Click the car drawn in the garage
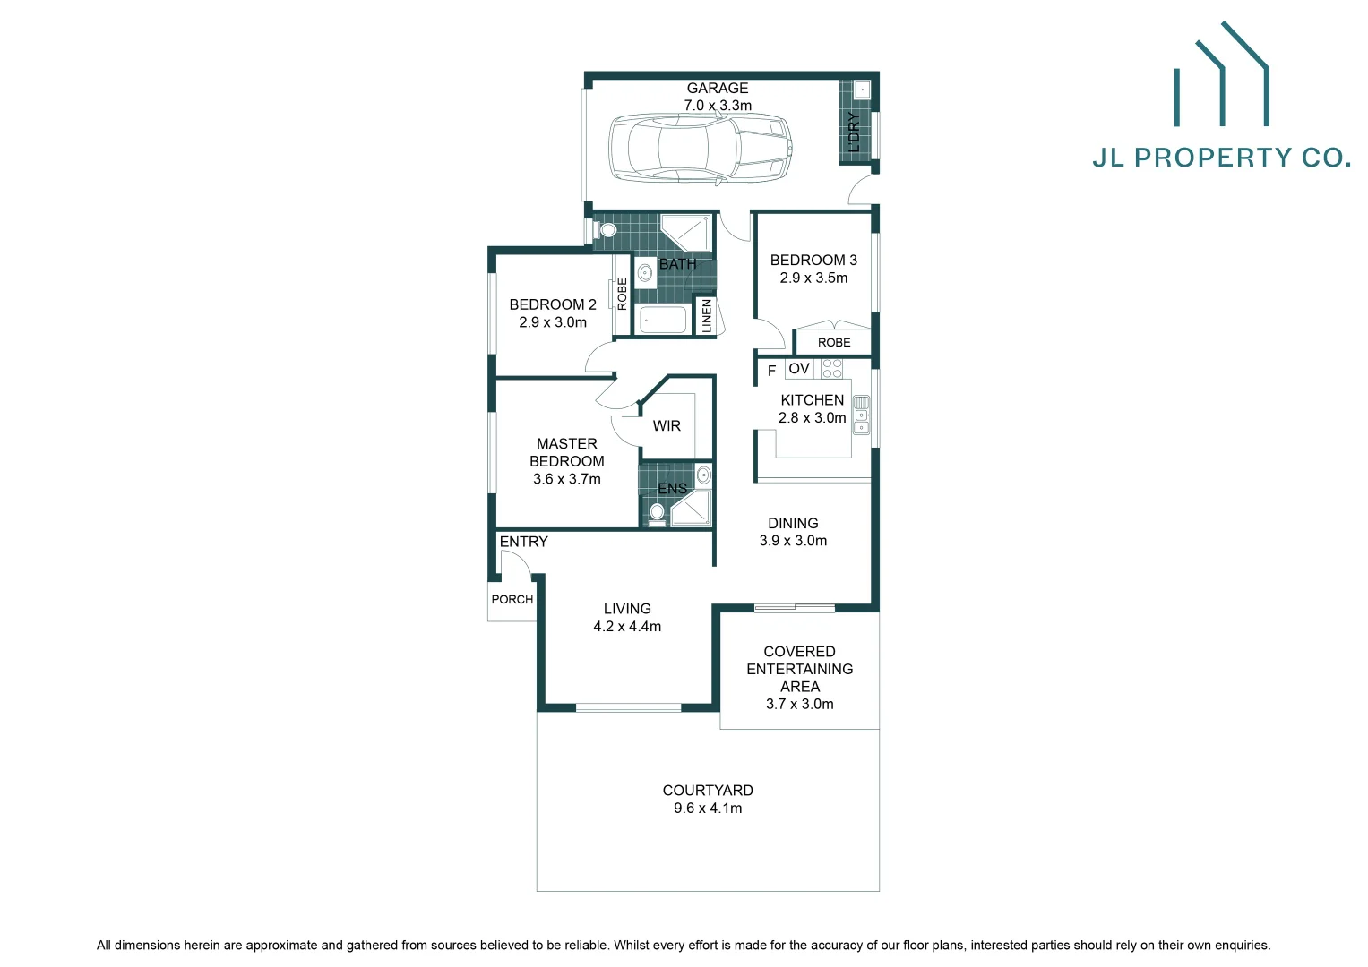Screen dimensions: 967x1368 (x=700, y=149)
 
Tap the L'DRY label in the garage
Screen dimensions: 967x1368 (x=854, y=132)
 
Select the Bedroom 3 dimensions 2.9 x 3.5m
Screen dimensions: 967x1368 (x=813, y=278)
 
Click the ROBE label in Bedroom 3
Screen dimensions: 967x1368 (x=834, y=342)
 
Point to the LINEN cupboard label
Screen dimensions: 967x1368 (x=706, y=316)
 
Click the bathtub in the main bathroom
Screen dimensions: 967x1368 (x=663, y=320)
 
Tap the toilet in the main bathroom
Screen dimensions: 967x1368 (x=607, y=230)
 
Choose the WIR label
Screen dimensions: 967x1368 (x=667, y=426)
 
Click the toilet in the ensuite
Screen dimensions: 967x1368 (x=657, y=512)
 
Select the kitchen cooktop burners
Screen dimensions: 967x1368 (x=831, y=368)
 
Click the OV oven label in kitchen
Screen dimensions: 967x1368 (x=799, y=368)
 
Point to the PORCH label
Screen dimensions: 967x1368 (x=512, y=599)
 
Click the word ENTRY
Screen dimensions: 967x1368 (x=523, y=542)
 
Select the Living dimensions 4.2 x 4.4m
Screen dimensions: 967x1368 (x=627, y=627)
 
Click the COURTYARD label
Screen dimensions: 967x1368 (x=708, y=790)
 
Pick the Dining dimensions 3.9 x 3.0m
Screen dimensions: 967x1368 (x=793, y=541)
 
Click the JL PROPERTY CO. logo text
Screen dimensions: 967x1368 (x=1221, y=158)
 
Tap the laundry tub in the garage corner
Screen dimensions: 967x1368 (x=862, y=90)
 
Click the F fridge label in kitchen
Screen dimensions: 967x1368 (x=771, y=371)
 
